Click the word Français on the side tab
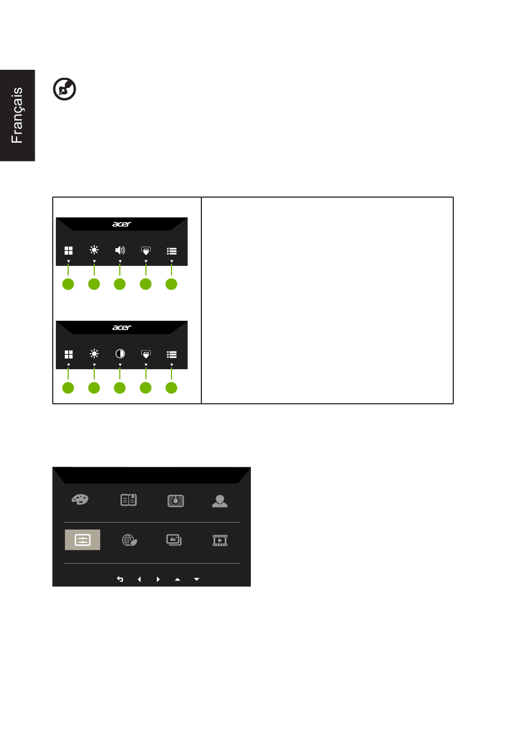[x=17, y=115]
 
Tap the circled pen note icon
[x=64, y=89]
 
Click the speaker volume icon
[x=120, y=250]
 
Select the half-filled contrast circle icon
[x=120, y=354]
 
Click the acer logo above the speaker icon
[x=121, y=224]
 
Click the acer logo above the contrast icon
[x=121, y=328]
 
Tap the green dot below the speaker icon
[x=120, y=284]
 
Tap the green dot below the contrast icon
[x=120, y=388]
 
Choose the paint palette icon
[x=80, y=500]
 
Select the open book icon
[x=128, y=500]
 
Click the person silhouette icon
[x=220, y=501]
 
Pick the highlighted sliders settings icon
[x=83, y=540]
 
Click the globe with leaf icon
[x=129, y=540]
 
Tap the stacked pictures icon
[x=174, y=540]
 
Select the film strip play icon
[x=220, y=540]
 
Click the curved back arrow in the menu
[x=120, y=579]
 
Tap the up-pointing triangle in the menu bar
[x=177, y=579]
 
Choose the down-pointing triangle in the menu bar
[x=197, y=579]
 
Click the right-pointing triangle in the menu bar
[x=158, y=579]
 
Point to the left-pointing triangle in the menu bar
[x=140, y=579]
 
